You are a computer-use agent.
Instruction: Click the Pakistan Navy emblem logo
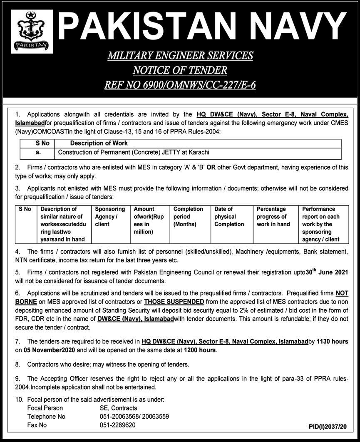[x=32, y=32]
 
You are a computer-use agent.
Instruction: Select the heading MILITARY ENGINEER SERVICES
[x=180, y=55]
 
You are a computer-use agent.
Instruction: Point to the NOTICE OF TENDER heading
[x=180, y=70]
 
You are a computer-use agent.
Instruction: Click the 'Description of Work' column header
[x=99, y=143]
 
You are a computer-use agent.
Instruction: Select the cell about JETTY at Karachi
[x=133, y=153]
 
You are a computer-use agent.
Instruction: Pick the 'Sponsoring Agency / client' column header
[x=110, y=217]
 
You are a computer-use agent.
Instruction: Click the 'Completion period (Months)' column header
[x=188, y=217]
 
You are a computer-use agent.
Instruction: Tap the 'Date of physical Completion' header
[x=229, y=217]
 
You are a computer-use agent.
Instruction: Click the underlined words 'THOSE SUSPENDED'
[x=174, y=301]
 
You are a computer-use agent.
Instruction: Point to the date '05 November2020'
[x=51, y=350]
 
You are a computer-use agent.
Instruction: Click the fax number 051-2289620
[x=117, y=425]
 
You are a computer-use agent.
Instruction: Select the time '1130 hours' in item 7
[x=332, y=342]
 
